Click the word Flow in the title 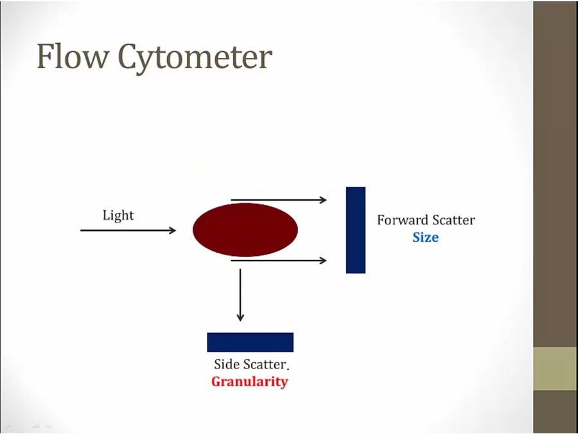point(73,56)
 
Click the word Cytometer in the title point(195,59)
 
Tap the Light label point(118,215)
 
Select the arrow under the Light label point(128,230)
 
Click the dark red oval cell point(245,230)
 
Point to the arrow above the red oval point(279,200)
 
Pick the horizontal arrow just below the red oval point(279,261)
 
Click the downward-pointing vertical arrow point(240,295)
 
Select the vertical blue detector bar point(356,230)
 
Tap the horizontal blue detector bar point(250,342)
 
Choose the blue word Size point(425,237)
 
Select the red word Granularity point(250,381)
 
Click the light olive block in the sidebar point(556,368)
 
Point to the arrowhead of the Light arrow point(173,230)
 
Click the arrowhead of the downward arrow point(240,318)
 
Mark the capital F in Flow point(44,56)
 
